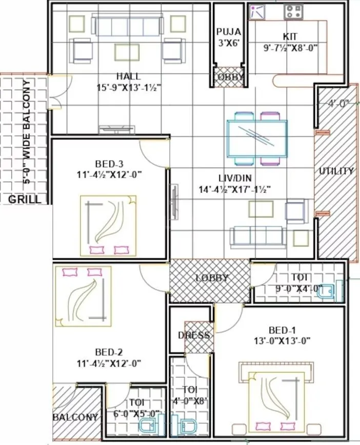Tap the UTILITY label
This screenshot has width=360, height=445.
click(336, 171)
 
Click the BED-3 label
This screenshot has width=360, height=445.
click(108, 164)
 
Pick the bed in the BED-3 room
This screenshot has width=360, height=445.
click(108, 226)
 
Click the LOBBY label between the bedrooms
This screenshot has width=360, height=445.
click(211, 278)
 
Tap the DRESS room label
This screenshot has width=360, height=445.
click(197, 336)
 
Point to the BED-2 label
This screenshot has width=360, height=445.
click(108, 352)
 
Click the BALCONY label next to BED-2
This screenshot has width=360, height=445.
click(76, 417)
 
